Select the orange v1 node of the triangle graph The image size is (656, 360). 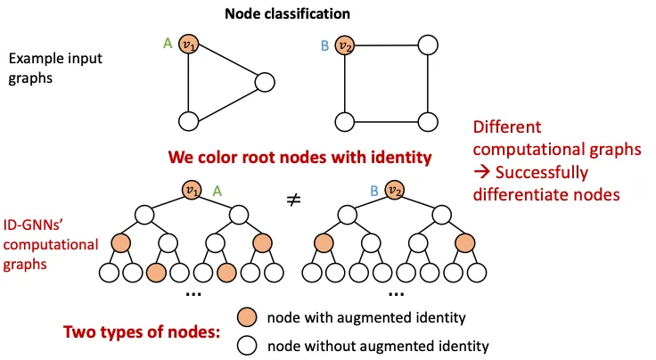click(187, 45)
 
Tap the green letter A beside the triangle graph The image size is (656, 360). click(168, 41)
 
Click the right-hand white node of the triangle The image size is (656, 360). click(264, 83)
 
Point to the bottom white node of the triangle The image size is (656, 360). click(187, 121)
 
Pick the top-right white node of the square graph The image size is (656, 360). click(429, 45)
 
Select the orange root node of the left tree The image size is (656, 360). click(190, 190)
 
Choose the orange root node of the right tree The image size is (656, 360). click(396, 190)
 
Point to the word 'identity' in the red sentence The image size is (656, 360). click(399, 158)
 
